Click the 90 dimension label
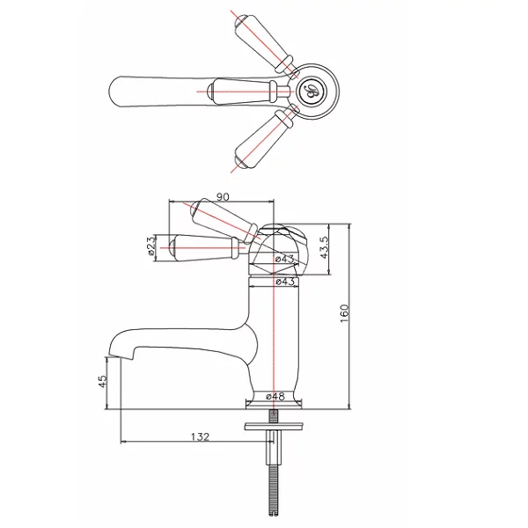[x=223, y=196]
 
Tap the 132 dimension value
[x=201, y=436]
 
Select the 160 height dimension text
[x=345, y=314]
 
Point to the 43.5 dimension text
[x=324, y=247]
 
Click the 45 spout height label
[x=102, y=381]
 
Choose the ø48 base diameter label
[x=275, y=396]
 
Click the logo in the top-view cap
[x=312, y=91]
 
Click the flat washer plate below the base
[x=274, y=426]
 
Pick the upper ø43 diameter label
[x=284, y=259]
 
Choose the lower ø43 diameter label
[x=285, y=282]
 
